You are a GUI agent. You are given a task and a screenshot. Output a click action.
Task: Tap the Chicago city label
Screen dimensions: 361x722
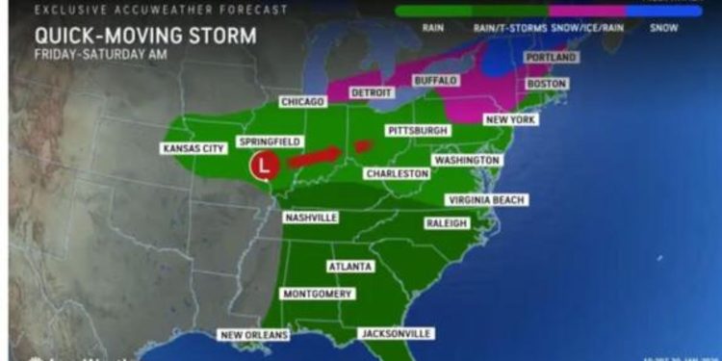(x=304, y=101)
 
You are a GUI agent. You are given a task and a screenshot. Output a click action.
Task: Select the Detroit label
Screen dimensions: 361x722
(x=372, y=93)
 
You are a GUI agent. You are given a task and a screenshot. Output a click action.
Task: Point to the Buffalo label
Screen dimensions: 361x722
(x=435, y=81)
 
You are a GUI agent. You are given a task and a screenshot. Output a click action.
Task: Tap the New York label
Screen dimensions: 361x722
(x=509, y=118)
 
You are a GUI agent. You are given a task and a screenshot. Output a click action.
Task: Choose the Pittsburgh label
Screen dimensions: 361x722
(x=418, y=130)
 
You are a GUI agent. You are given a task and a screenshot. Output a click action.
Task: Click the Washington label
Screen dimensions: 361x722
(x=466, y=160)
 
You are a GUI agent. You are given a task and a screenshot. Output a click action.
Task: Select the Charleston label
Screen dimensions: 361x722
(x=397, y=173)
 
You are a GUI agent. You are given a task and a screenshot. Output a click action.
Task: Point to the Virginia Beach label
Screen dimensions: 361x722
(x=485, y=200)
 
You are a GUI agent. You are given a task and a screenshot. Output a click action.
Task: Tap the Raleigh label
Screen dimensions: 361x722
(x=447, y=223)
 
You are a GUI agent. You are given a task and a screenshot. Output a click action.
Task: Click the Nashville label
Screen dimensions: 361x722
(x=311, y=218)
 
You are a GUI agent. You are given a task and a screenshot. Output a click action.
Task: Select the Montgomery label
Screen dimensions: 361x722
(x=317, y=293)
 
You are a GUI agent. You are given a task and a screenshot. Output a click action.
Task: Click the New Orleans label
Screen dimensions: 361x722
(x=255, y=335)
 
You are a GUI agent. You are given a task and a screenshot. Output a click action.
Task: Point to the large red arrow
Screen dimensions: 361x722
(x=314, y=157)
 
